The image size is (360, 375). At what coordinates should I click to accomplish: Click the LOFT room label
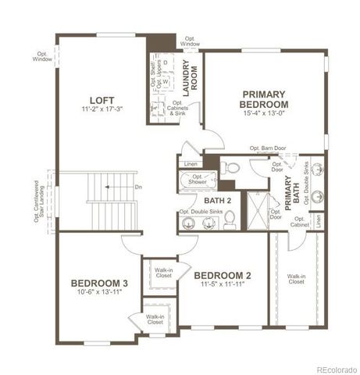pos(102,100)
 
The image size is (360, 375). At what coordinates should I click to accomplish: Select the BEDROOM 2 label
pos(223,275)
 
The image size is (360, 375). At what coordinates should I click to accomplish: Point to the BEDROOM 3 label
pos(99,283)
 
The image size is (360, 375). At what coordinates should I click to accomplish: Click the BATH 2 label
pos(207,200)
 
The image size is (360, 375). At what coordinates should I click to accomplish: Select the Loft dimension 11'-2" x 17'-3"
pos(102,111)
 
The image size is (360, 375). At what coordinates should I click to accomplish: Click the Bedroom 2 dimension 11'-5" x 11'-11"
pos(223,286)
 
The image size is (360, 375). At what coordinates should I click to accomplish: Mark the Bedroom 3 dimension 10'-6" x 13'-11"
pos(99,293)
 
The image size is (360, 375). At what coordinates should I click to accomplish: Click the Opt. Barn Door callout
pos(268,148)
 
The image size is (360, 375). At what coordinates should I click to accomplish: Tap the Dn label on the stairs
pos(138,187)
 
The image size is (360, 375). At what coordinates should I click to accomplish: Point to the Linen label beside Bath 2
pos(191,164)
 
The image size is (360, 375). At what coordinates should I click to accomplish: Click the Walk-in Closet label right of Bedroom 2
pos(295,279)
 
